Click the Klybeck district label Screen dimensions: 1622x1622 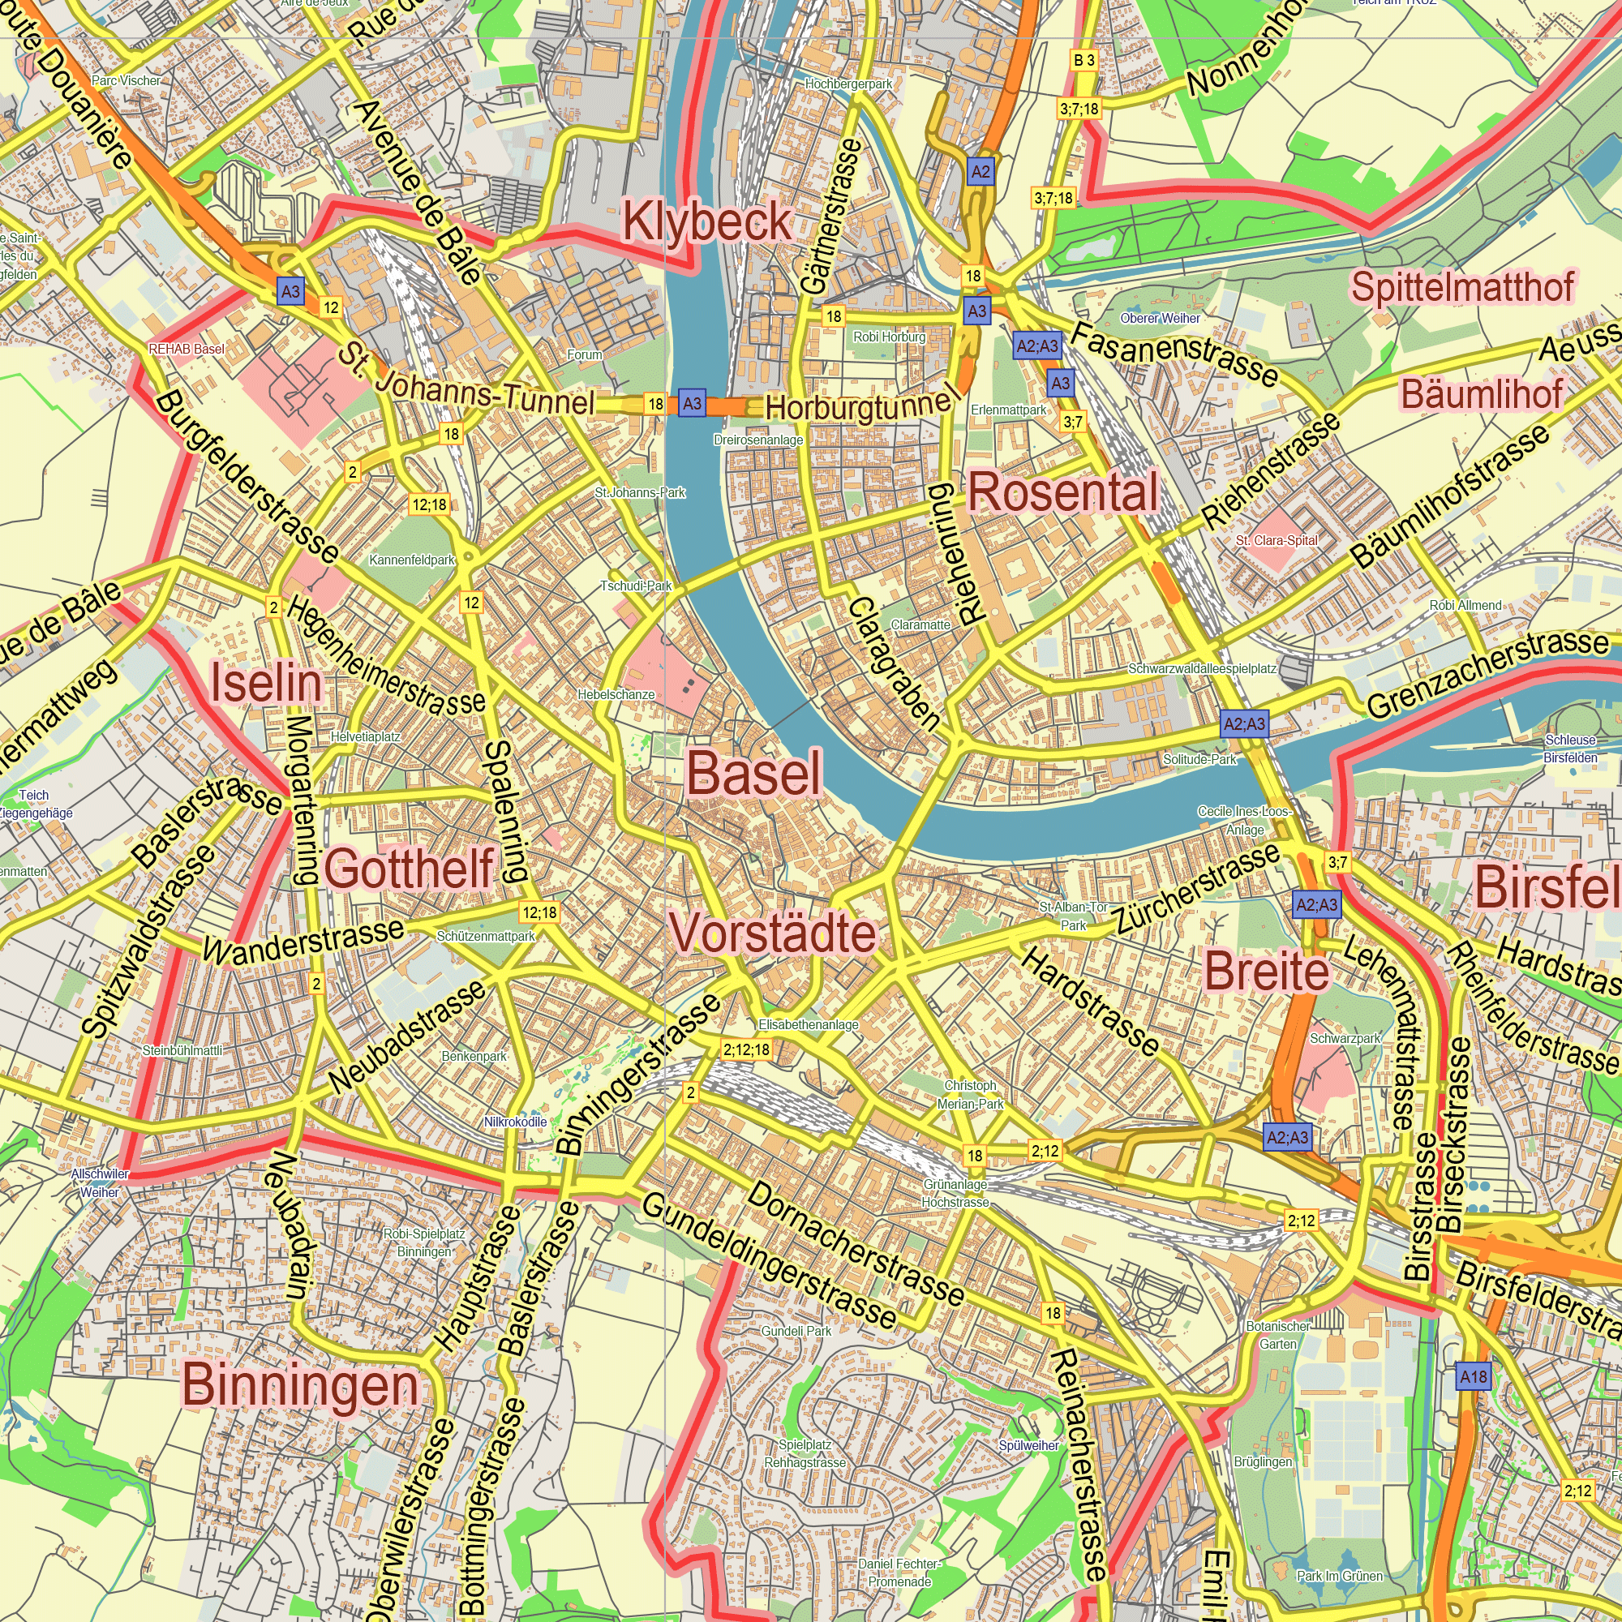(707, 222)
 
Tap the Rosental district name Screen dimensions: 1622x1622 (1063, 492)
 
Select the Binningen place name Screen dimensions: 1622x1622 (300, 1384)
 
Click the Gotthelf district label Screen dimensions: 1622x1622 (409, 868)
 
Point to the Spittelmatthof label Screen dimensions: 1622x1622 (1461, 288)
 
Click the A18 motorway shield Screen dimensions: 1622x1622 (1473, 1377)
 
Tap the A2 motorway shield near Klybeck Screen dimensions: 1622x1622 (980, 172)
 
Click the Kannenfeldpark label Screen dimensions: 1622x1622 (411, 560)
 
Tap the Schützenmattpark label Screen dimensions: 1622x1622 (485, 936)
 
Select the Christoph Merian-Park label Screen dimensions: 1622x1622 (971, 1095)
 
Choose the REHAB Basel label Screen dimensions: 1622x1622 (187, 349)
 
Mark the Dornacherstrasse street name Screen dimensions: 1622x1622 (856, 1244)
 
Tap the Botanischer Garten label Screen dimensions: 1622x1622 (1278, 1335)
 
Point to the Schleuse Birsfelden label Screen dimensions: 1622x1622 (1570, 749)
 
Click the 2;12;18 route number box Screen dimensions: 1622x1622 (746, 1049)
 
